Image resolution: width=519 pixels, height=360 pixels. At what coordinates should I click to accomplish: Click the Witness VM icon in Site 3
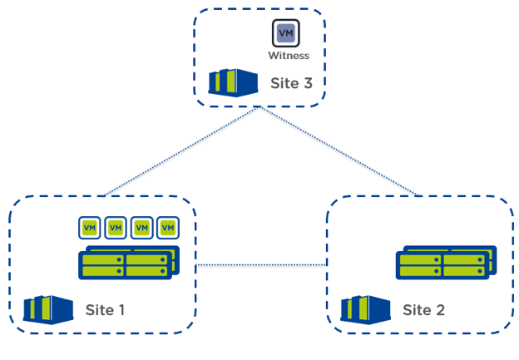point(286,33)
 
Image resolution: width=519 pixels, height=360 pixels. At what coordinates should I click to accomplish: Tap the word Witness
point(289,56)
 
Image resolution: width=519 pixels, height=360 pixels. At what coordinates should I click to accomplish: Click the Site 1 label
point(105,310)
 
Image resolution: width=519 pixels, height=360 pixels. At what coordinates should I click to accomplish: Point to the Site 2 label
point(423,310)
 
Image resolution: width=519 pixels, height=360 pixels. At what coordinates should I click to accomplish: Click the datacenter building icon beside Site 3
point(231,82)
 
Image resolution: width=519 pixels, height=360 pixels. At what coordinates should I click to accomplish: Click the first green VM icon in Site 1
point(90,227)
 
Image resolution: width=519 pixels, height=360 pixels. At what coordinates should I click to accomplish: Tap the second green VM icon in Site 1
point(116,227)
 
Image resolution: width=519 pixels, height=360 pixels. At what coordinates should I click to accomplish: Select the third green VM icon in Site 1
point(142,227)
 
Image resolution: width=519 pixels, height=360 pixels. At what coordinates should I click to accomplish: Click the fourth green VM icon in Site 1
point(169,227)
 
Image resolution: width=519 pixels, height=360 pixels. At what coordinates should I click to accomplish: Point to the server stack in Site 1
point(126,261)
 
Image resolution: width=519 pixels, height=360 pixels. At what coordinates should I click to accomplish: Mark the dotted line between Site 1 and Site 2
point(260,265)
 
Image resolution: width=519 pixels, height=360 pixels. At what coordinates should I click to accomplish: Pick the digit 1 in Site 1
point(121,310)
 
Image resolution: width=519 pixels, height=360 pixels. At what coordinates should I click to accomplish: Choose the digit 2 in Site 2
point(440,310)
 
